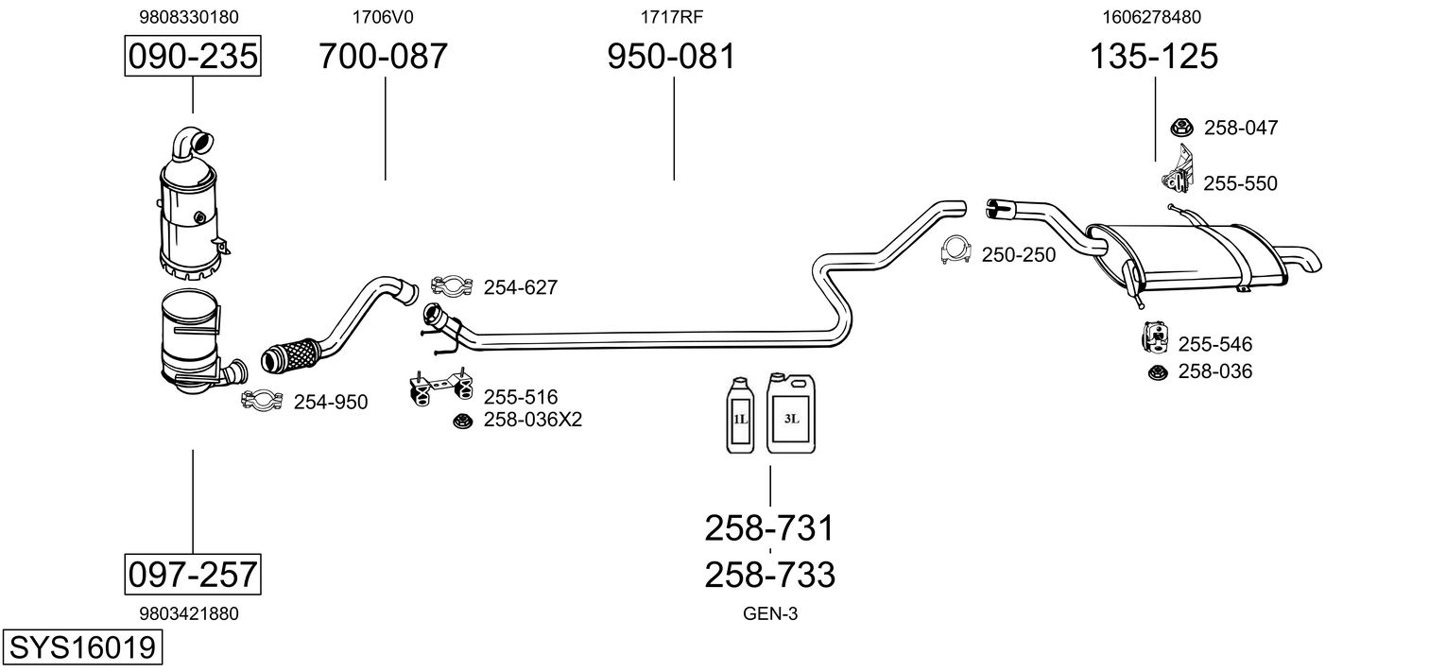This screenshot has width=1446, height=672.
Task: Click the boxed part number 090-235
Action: (193, 57)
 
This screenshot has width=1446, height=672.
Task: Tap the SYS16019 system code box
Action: (81, 648)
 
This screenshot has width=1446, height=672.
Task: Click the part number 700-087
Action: (383, 57)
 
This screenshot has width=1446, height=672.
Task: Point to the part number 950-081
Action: (671, 57)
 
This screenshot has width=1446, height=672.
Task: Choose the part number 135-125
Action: (1154, 57)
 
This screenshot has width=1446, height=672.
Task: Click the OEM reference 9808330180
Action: (189, 17)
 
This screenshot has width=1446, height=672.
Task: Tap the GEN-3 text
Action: (770, 614)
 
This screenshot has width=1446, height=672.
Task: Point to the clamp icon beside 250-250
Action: (957, 251)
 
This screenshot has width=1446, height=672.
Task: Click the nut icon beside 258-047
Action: (1181, 127)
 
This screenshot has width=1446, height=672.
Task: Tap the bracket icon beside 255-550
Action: (1178, 170)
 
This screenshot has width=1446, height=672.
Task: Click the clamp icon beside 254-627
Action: (453, 284)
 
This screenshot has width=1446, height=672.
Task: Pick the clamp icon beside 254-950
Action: (262, 401)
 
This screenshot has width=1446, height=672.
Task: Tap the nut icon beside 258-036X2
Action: (462, 421)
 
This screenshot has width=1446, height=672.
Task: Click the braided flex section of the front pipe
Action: (291, 353)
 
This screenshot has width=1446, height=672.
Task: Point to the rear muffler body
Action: (1188, 255)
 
